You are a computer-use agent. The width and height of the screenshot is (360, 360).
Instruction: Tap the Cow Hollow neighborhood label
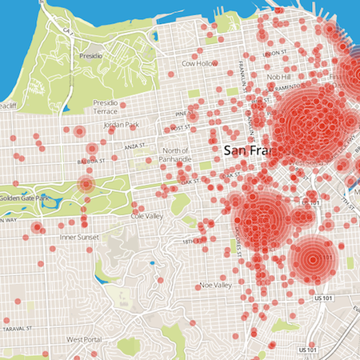200,63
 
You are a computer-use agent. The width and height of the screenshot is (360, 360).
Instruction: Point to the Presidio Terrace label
110,108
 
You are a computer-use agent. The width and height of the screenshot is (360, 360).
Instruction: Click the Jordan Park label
122,125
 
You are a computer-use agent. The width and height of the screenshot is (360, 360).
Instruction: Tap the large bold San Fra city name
249,150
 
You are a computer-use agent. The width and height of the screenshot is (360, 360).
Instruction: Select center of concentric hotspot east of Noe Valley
311,258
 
